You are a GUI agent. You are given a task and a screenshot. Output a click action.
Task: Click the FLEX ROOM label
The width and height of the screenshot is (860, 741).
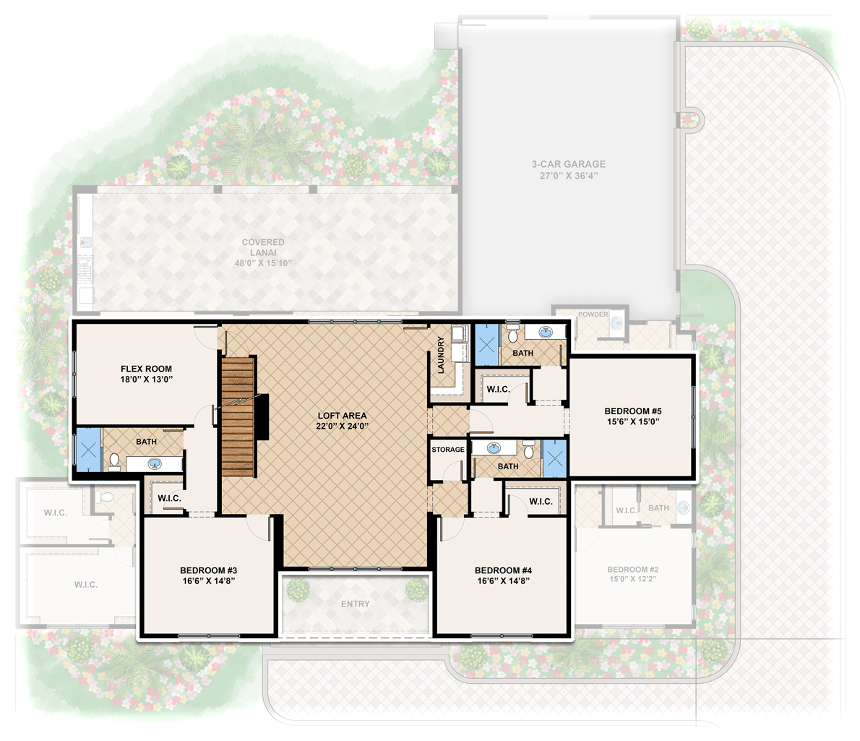pyautogui.click(x=146, y=369)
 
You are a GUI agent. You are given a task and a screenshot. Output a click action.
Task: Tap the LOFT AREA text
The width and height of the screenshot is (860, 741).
pyautogui.click(x=343, y=416)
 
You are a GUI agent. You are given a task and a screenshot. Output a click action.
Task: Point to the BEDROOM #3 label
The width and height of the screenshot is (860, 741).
pyautogui.click(x=205, y=570)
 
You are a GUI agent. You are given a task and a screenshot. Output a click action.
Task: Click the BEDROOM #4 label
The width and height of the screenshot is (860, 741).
pyautogui.click(x=499, y=570)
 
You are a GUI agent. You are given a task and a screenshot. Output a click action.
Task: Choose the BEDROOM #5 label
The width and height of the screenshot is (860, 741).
pyautogui.click(x=633, y=411)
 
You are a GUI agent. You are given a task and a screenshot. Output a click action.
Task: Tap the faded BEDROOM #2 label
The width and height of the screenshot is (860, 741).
pyautogui.click(x=632, y=569)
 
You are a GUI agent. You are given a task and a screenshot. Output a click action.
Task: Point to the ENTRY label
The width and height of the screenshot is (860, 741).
pyautogui.click(x=355, y=604)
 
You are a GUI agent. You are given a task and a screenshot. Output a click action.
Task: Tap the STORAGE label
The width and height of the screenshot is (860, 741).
pyautogui.click(x=448, y=450)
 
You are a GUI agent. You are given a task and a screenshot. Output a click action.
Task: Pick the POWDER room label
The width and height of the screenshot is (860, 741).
pyautogui.click(x=593, y=314)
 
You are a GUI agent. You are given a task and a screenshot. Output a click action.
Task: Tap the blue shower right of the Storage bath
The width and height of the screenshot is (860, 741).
pyautogui.click(x=555, y=457)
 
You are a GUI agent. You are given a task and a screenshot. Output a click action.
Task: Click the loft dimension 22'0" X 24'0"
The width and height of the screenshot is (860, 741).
pyautogui.click(x=343, y=427)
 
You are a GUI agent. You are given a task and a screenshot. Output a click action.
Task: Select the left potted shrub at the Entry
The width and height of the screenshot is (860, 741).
pyautogui.click(x=297, y=589)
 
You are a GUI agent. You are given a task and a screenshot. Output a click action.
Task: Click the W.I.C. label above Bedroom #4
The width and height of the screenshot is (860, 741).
pyautogui.click(x=541, y=502)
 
